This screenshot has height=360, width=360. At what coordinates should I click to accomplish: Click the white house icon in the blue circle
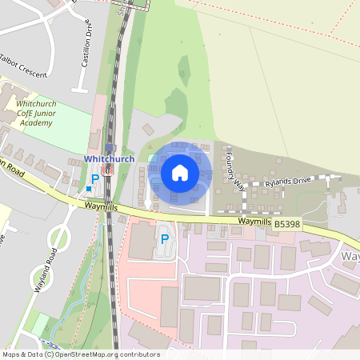pos(180,172)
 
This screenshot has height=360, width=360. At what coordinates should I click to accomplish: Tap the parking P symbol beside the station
pos(94,178)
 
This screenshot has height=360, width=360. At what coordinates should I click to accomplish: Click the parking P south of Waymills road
pos(165,238)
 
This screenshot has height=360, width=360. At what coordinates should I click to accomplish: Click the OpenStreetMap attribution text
pos(80,354)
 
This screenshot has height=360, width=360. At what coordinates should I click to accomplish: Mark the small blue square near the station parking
pos(89,189)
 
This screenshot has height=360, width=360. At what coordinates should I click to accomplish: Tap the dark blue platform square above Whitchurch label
pos(110,148)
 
